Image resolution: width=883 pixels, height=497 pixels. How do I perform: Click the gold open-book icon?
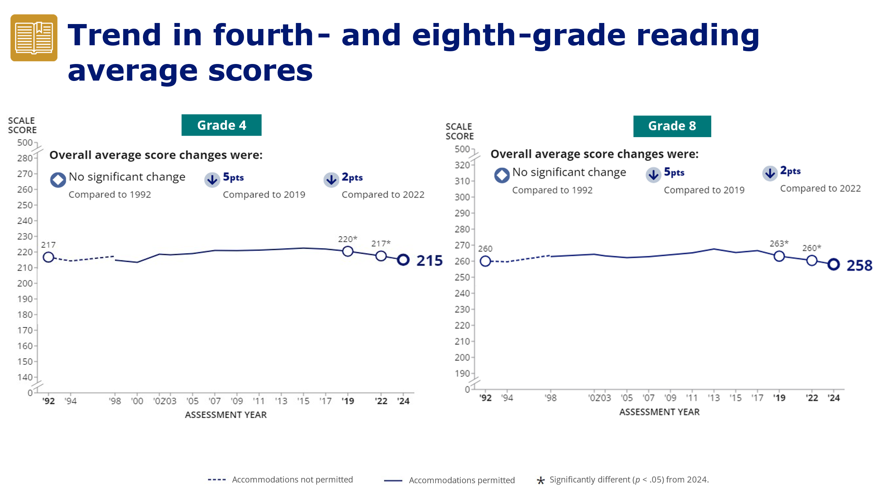click(x=34, y=38)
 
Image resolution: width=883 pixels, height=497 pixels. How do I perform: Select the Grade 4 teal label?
click(x=221, y=125)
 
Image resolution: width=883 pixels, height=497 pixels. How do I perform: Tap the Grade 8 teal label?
click(x=672, y=126)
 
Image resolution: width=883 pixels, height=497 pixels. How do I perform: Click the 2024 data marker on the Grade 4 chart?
click(x=403, y=260)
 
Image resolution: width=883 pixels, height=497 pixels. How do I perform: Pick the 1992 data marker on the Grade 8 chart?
click(x=485, y=261)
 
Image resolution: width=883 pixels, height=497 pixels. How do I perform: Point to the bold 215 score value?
click(x=429, y=261)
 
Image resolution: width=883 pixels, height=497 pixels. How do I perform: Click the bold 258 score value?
click(x=859, y=265)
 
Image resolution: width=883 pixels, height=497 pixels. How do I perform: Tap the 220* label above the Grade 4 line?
click(x=348, y=239)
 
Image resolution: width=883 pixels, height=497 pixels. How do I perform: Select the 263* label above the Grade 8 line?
click(x=779, y=244)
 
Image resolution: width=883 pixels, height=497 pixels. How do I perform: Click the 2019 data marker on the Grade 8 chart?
click(x=779, y=256)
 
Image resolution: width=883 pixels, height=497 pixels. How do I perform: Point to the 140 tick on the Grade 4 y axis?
click(x=25, y=377)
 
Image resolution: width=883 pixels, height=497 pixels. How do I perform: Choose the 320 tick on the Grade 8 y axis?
click(x=462, y=165)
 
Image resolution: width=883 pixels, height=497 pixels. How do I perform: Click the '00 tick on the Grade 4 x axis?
click(x=137, y=401)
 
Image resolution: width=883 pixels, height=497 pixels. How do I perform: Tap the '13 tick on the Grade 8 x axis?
click(x=713, y=398)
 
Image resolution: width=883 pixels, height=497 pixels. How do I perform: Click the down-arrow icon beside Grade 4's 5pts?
click(x=212, y=180)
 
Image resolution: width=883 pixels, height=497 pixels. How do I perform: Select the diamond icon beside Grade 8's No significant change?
click(x=502, y=175)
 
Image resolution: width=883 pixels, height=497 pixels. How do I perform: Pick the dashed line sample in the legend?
click(x=217, y=480)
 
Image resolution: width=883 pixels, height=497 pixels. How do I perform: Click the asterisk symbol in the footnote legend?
click(x=540, y=480)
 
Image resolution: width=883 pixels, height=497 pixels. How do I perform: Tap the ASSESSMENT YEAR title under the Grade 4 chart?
click(x=226, y=415)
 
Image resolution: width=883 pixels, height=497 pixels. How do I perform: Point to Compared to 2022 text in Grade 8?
click(x=820, y=188)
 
